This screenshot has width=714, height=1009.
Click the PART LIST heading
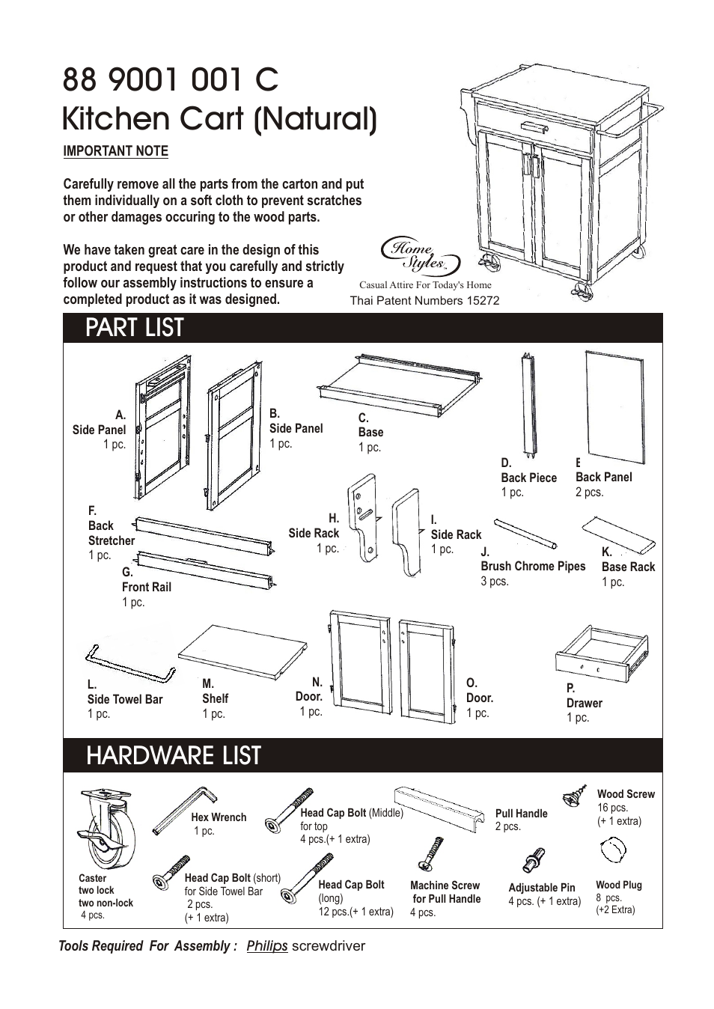tap(135, 328)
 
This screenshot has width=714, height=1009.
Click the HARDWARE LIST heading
tap(174, 756)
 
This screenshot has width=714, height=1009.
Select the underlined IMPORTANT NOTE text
tap(115, 150)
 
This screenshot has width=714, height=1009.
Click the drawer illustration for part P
tap(602, 653)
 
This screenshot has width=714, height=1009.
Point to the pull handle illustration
tap(439, 807)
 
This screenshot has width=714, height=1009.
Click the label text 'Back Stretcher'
tap(111, 533)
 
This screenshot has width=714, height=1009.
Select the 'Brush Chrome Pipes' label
tap(533, 566)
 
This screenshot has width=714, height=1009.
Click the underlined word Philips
tap(267, 945)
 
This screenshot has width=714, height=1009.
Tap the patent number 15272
tap(483, 300)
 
